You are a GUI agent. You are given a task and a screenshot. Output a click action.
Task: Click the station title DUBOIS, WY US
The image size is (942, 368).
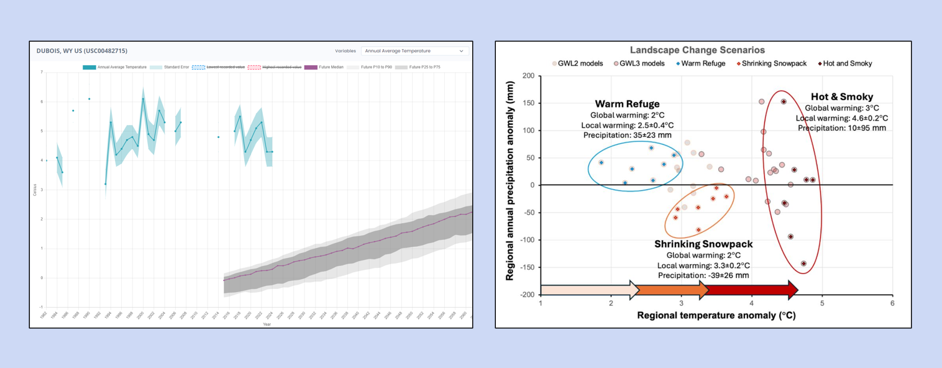click(82, 51)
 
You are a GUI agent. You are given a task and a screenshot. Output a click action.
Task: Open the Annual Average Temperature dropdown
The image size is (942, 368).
click(414, 51)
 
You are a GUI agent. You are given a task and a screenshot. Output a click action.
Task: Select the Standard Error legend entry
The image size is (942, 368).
click(175, 67)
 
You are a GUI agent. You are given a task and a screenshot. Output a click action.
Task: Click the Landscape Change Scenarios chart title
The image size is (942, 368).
click(697, 50)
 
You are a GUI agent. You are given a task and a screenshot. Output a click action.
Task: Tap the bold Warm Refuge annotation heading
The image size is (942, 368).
click(627, 104)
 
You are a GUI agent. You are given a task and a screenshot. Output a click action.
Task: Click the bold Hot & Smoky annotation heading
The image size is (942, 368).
click(842, 97)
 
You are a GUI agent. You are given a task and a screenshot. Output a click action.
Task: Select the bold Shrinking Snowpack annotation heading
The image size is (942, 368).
click(703, 244)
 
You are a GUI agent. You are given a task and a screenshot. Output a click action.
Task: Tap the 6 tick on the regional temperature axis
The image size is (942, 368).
click(892, 303)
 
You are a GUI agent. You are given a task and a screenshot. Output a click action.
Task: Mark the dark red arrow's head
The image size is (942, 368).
click(793, 290)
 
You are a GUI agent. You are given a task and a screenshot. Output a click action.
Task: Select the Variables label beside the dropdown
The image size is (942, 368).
click(345, 51)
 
